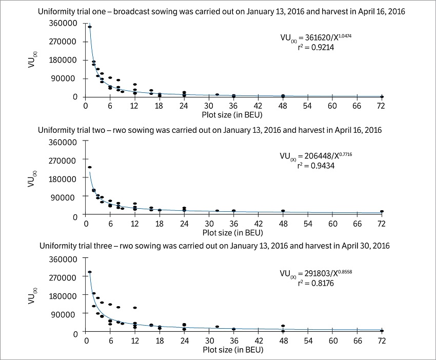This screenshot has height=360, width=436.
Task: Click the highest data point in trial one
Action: pyautogui.click(x=90, y=27)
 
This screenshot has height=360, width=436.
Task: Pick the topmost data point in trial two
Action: pyautogui.click(x=90, y=167)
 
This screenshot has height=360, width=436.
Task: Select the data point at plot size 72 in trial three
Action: pyautogui.click(x=382, y=331)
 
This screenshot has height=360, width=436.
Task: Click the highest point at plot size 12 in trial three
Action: pyautogui.click(x=135, y=308)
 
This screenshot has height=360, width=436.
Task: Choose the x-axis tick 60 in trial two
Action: pyautogui.click(x=332, y=224)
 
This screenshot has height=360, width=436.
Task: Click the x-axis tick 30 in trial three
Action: pyautogui.click(x=209, y=341)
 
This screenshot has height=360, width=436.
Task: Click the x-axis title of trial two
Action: pyautogui.click(x=232, y=233)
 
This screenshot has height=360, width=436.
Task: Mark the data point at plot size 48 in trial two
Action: pyautogui.click(x=283, y=211)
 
